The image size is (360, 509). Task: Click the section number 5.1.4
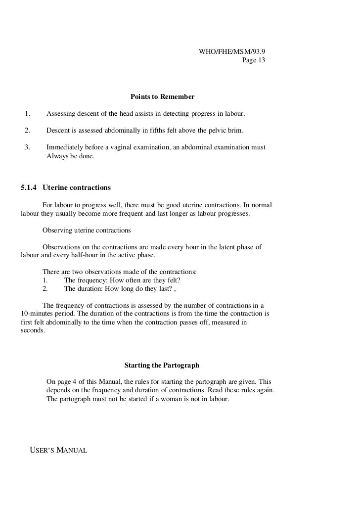30,188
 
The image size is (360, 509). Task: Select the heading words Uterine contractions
77,188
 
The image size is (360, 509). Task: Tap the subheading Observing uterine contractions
87,230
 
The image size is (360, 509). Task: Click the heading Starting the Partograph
162,366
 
